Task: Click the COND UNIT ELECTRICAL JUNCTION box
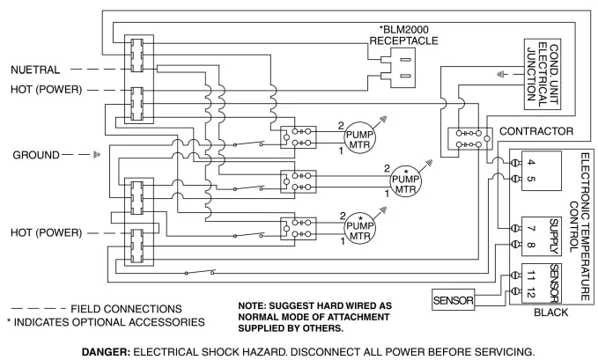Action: point(544,73)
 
